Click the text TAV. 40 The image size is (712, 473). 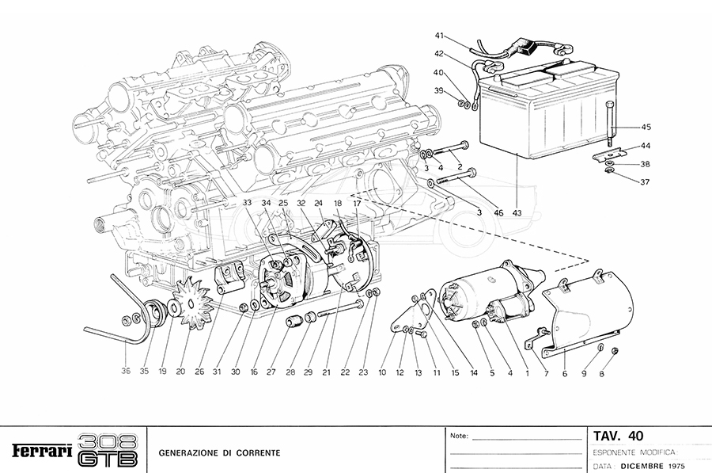(618, 436)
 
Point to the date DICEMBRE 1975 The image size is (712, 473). (653, 466)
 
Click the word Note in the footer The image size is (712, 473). (459, 436)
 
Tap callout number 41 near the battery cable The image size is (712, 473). (440, 36)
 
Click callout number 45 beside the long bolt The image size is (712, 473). (646, 128)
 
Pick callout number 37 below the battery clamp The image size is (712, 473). (646, 181)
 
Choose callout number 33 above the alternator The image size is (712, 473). (248, 204)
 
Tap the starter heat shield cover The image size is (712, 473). (593, 309)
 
